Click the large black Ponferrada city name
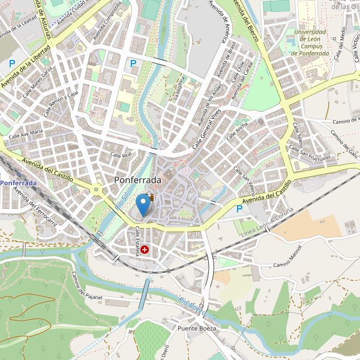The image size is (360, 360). (x=137, y=180)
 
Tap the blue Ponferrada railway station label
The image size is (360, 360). (x=18, y=182)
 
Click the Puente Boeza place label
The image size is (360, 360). (x=196, y=329)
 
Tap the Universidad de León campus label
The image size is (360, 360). (x=310, y=43)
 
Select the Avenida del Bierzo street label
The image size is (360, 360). (x=246, y=20)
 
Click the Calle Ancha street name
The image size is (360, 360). (x=238, y=131)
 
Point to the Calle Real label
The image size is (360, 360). (x=121, y=155)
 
